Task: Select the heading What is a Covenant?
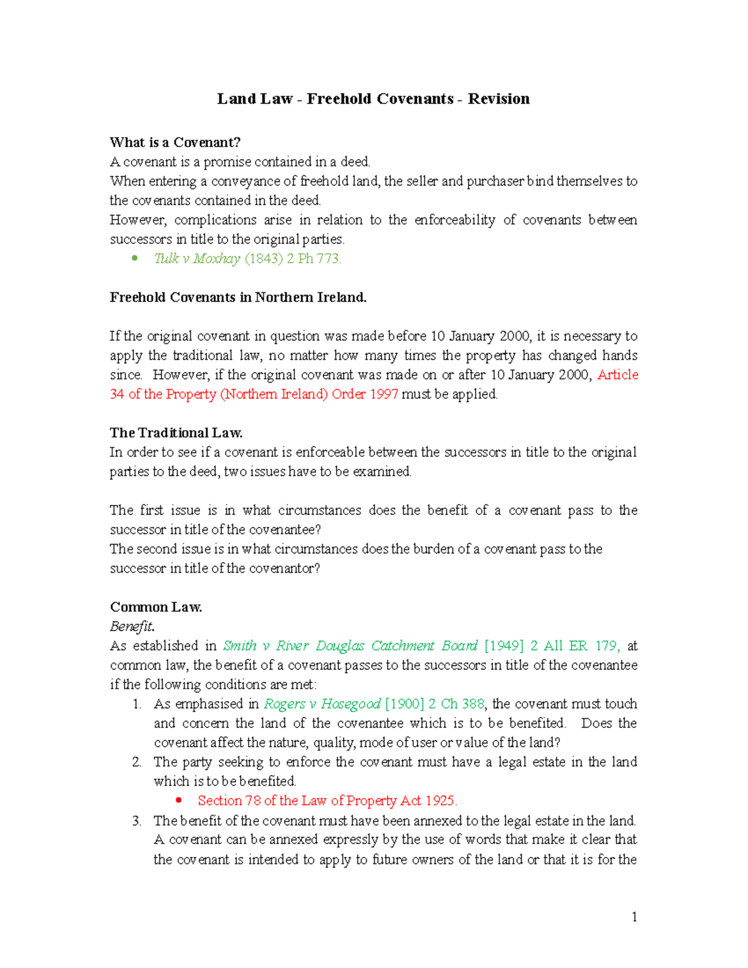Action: [x=175, y=143]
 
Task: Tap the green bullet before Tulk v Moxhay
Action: [x=135, y=259]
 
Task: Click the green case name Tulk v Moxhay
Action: [x=197, y=259]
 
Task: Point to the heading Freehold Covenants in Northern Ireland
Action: [x=238, y=297]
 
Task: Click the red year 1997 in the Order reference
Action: [x=383, y=394]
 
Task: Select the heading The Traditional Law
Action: [x=176, y=433]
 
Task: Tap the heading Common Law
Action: [x=156, y=607]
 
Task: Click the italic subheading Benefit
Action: [x=132, y=626]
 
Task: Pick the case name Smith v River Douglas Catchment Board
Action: [x=350, y=646]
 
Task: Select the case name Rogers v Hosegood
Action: [x=322, y=704]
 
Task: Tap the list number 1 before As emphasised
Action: [x=137, y=704]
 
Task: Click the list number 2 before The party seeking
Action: [x=137, y=762]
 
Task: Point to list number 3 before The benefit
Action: [x=137, y=821]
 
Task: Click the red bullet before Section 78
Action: [x=179, y=801]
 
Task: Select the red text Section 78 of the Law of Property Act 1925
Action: [x=327, y=801]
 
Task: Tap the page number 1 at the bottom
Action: [x=634, y=917]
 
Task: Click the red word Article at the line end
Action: [x=618, y=375]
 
